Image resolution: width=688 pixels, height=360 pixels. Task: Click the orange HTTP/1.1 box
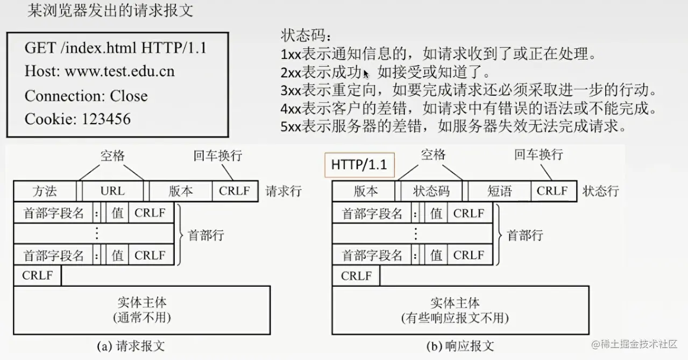(x=359, y=165)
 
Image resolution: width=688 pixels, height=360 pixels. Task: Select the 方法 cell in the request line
(x=45, y=191)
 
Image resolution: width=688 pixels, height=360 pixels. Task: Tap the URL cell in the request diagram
(x=112, y=191)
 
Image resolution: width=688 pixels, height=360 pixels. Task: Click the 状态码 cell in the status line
(x=431, y=191)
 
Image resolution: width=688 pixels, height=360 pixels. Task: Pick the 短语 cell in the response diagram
(x=500, y=191)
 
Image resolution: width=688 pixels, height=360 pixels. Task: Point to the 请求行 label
(x=283, y=191)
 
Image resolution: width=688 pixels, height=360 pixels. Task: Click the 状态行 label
(x=601, y=191)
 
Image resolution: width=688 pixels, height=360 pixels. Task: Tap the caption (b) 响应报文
(x=460, y=345)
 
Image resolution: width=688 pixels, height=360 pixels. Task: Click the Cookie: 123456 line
(x=77, y=119)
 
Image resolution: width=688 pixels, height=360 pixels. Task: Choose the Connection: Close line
(x=86, y=96)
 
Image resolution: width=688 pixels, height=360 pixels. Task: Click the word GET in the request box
(x=40, y=48)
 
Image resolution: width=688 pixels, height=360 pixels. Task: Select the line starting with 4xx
(x=469, y=109)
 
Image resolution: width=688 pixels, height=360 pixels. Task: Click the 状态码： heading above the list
(x=307, y=36)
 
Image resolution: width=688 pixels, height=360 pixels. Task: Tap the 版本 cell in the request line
(x=181, y=191)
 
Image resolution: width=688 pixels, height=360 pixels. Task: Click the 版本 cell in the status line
(x=366, y=191)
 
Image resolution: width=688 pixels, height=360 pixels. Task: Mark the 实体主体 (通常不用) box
(x=142, y=309)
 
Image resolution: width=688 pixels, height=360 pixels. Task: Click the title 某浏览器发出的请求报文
(x=110, y=11)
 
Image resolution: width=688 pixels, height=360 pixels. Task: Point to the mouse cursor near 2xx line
(x=366, y=74)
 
